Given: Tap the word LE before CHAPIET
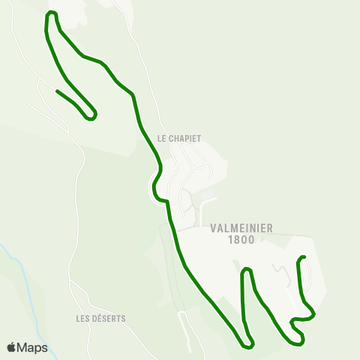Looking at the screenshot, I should click(x=161, y=138).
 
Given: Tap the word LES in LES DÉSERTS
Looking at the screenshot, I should click(x=83, y=318).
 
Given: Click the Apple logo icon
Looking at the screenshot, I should click(x=11, y=347).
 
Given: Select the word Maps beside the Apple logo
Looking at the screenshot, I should click(x=32, y=348).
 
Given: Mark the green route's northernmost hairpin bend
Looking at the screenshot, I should click(x=51, y=13).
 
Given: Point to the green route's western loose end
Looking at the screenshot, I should click(x=57, y=91).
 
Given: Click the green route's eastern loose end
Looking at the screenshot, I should click(x=305, y=257).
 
